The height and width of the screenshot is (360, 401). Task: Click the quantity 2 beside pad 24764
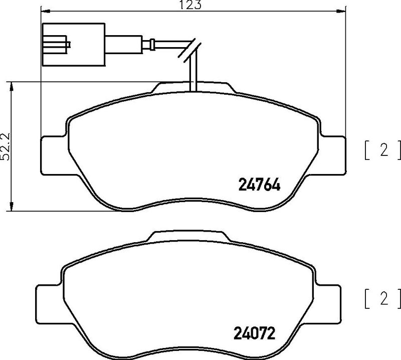click(x=383, y=150)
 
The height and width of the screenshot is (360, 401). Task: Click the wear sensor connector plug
click(x=72, y=45)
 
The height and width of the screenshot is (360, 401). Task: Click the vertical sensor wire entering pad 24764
click(x=193, y=78)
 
